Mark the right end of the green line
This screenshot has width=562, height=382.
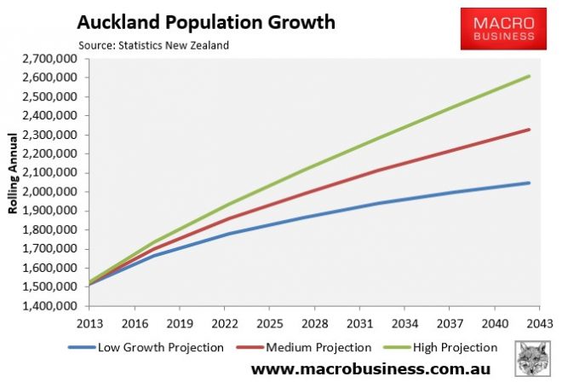pos(530,76)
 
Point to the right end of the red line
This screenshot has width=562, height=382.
pos(530,130)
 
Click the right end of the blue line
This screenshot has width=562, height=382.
pos(530,182)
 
